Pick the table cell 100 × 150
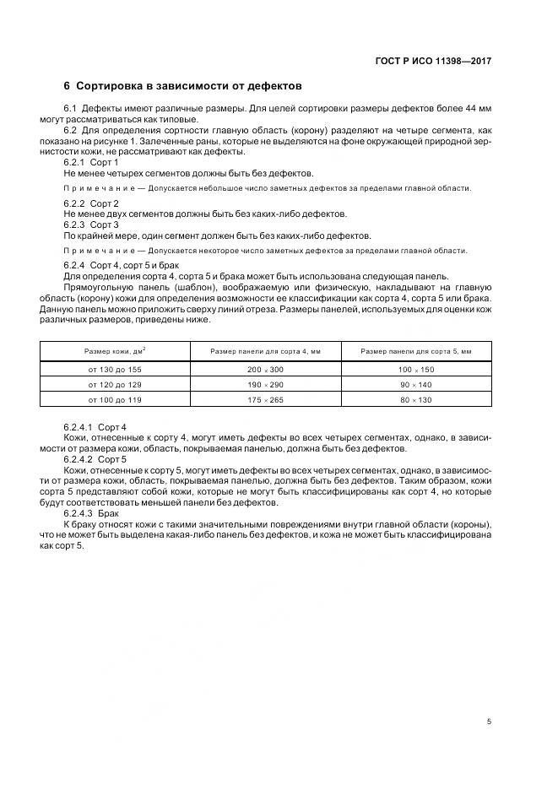coord(416,370)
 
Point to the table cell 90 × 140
coord(416,384)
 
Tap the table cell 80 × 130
coord(416,398)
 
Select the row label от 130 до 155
coord(113,370)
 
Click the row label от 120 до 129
coord(113,384)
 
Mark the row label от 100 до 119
coord(113,398)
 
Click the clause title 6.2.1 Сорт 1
coord(91,161)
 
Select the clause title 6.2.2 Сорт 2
coord(91,204)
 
